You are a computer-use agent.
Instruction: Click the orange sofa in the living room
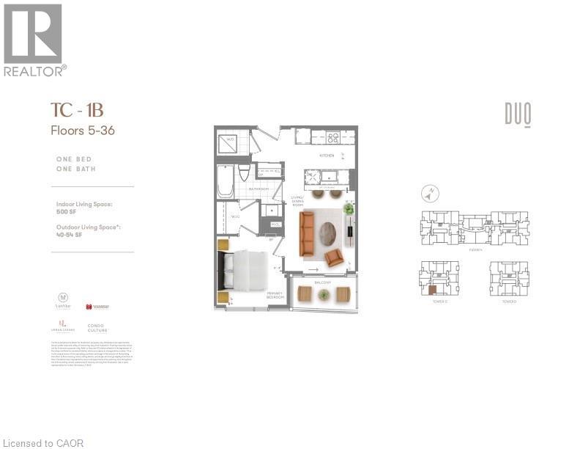tap(307, 233)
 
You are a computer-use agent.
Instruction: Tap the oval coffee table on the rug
tap(327, 233)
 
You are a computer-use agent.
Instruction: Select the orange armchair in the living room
tap(334, 257)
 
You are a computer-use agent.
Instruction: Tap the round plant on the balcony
tap(323, 294)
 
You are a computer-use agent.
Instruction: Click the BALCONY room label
tap(323, 282)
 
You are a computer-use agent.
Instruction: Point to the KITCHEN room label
tap(327, 156)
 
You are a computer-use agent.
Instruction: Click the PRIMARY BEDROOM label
tap(275, 295)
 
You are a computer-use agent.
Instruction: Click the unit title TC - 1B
tap(77, 111)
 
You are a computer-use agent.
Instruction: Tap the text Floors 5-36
tap(82, 131)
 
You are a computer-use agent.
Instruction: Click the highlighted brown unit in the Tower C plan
tap(432, 288)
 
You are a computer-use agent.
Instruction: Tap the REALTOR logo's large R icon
tap(32, 33)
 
